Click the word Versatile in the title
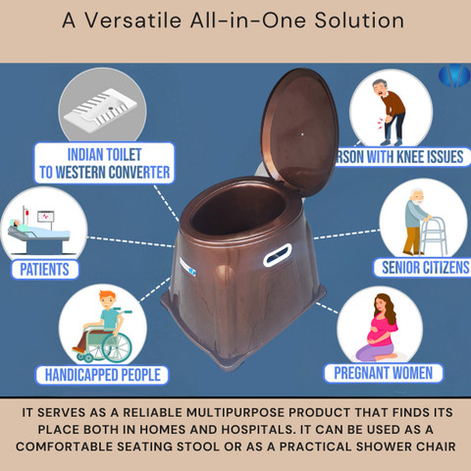click(x=133, y=21)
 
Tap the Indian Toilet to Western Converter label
click(x=104, y=163)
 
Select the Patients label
click(x=44, y=269)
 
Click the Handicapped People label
click(x=102, y=375)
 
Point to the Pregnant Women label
click(x=383, y=373)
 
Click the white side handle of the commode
click(x=278, y=254)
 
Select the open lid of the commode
click(x=299, y=131)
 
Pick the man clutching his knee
click(x=390, y=112)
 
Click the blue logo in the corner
click(x=454, y=76)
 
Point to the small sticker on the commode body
click(x=187, y=267)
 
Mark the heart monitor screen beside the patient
click(x=45, y=216)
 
